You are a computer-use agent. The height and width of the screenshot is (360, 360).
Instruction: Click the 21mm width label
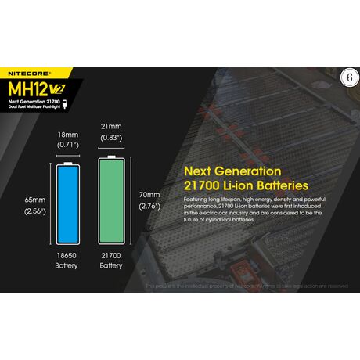[x=110, y=126]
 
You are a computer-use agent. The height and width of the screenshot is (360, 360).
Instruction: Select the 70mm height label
[x=149, y=194]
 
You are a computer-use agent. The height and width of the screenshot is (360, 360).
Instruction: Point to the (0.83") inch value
[x=110, y=138]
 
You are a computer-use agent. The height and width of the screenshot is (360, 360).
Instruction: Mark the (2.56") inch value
[x=34, y=211]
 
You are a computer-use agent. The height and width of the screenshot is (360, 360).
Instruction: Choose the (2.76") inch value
[x=149, y=206]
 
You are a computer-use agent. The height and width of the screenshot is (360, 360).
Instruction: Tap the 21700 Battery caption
[x=110, y=260]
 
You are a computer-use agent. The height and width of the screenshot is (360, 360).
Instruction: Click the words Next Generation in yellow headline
[x=221, y=171]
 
